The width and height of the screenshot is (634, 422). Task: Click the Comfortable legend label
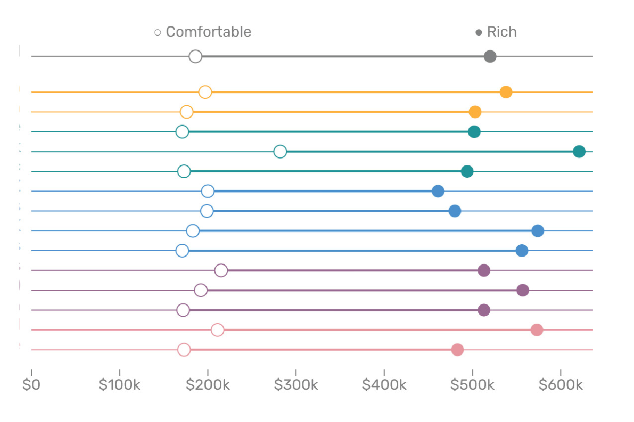point(208,32)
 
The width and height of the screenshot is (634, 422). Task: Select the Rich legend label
point(502,32)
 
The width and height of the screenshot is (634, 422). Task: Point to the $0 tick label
point(31,385)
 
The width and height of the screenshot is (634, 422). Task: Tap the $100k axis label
point(119,385)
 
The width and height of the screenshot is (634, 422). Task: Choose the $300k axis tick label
point(296,385)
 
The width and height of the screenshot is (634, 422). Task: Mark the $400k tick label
point(384,385)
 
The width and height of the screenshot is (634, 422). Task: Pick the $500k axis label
point(472,385)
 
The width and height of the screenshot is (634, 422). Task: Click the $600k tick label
point(561,385)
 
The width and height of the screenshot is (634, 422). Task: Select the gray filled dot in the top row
point(490,57)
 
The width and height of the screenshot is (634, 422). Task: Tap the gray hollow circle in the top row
point(195,57)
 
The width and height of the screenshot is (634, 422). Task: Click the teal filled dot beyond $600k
point(579,151)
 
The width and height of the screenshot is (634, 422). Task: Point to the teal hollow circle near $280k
point(280,151)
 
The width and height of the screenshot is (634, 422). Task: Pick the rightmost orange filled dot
point(506,92)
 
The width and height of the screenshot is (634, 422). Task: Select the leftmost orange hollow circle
point(186,112)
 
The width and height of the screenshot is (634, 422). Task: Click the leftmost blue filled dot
point(438,191)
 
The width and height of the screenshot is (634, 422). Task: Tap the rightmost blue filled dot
point(538,231)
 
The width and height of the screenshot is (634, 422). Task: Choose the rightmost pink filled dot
point(537,330)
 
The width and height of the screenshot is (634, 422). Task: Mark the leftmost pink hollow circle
point(184,350)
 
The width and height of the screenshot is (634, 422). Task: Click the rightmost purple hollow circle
point(221,271)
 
